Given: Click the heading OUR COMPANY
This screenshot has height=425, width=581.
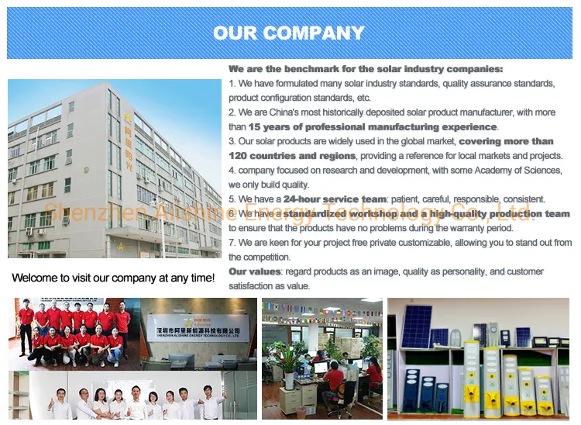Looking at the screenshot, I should pyautogui.click(x=288, y=33).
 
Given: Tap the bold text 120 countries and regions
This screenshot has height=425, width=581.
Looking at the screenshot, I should pyautogui.click(x=292, y=156).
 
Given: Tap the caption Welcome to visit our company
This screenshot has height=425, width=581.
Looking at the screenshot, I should pyautogui.click(x=113, y=277).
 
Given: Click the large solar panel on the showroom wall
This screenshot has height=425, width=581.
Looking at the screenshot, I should pyautogui.click(x=417, y=326).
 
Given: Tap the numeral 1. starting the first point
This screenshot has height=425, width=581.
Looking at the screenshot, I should pyautogui.click(x=232, y=84).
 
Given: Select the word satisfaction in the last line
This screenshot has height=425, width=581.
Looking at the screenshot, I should pyautogui.click(x=251, y=286).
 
